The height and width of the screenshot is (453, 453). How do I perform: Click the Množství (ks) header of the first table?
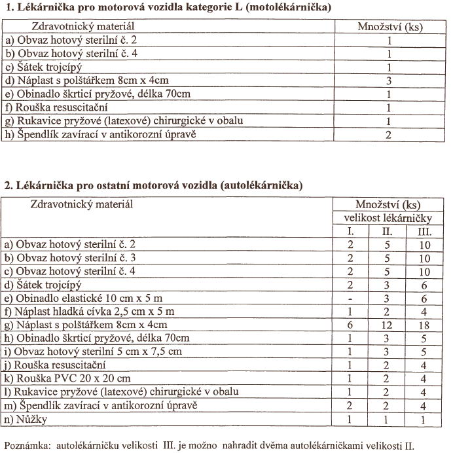389,27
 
